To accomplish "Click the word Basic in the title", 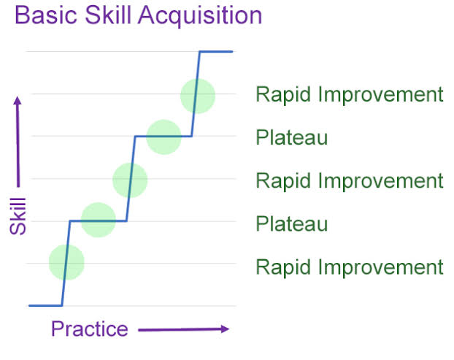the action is click(x=46, y=15).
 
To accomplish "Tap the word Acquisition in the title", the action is click(x=200, y=16).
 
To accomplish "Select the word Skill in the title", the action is click(x=108, y=15).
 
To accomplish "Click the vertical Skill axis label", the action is click(x=18, y=215).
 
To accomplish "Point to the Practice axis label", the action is click(x=90, y=329).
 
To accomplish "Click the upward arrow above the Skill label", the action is click(x=18, y=142).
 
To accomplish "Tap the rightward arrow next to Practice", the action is click(x=183, y=329).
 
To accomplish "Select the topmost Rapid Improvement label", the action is click(x=350, y=94).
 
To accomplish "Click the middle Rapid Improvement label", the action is click(x=350, y=181).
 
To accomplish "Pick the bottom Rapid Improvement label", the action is click(x=350, y=267).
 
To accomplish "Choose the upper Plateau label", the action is click(x=291, y=137).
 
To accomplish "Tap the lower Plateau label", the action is click(x=291, y=224).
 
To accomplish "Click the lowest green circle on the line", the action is click(x=66, y=262).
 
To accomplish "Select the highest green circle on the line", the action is click(x=198, y=96).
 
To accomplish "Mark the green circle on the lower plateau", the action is click(x=99, y=220).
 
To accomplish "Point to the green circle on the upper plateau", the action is click(x=164, y=137).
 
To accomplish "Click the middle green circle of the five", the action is click(x=130, y=180).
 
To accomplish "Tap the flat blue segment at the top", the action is click(x=216, y=52).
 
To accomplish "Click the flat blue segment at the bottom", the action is click(x=45, y=305).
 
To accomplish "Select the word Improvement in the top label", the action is click(x=381, y=94).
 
